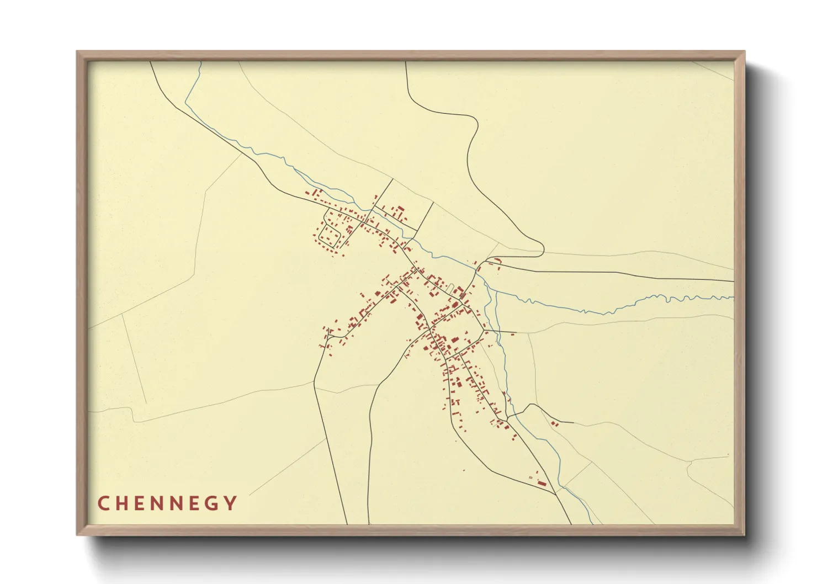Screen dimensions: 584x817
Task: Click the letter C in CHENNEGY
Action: click(103, 503)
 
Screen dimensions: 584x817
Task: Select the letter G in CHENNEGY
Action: click(211, 503)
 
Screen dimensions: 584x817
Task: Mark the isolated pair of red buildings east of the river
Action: click(555, 423)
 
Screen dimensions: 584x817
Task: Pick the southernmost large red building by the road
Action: click(542, 484)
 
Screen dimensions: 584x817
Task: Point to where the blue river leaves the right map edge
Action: click(733, 298)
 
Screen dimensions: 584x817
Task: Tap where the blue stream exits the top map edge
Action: click(201, 62)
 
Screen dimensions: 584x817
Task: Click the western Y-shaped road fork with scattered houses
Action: click(329, 333)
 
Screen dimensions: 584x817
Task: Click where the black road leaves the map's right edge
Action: click(733, 281)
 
